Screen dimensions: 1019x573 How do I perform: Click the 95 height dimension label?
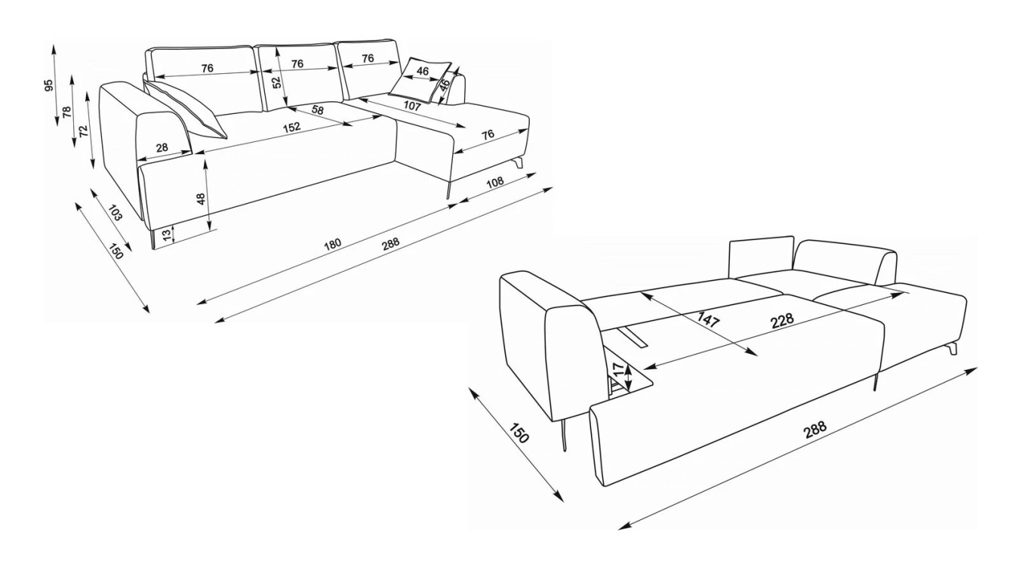(x=49, y=85)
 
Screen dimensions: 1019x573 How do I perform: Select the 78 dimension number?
(x=67, y=112)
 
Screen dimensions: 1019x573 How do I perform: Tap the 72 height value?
(x=84, y=131)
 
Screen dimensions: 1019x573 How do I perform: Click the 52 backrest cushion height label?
(x=277, y=82)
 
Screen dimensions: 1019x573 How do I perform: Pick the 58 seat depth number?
(x=318, y=110)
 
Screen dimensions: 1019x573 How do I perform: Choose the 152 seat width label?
(x=291, y=127)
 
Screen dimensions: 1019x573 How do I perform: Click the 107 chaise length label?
(x=412, y=106)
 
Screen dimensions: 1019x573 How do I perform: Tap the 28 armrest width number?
(x=162, y=147)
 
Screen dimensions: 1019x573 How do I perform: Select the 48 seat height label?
(x=201, y=199)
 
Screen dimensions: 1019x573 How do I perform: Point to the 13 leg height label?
(x=168, y=235)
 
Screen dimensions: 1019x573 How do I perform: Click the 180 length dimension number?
(x=333, y=245)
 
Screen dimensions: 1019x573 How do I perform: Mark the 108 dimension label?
(x=495, y=182)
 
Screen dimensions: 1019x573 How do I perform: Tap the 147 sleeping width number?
(x=709, y=319)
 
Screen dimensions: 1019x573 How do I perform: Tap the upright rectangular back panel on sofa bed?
(x=761, y=257)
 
